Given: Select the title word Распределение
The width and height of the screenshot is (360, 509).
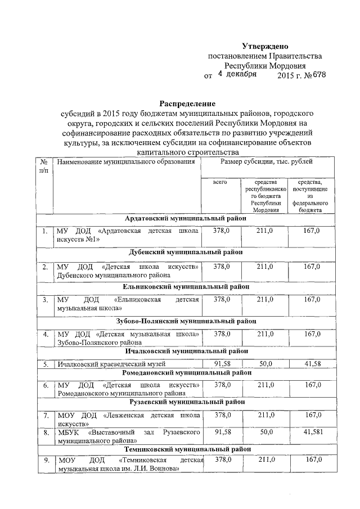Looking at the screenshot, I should [187, 103].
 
